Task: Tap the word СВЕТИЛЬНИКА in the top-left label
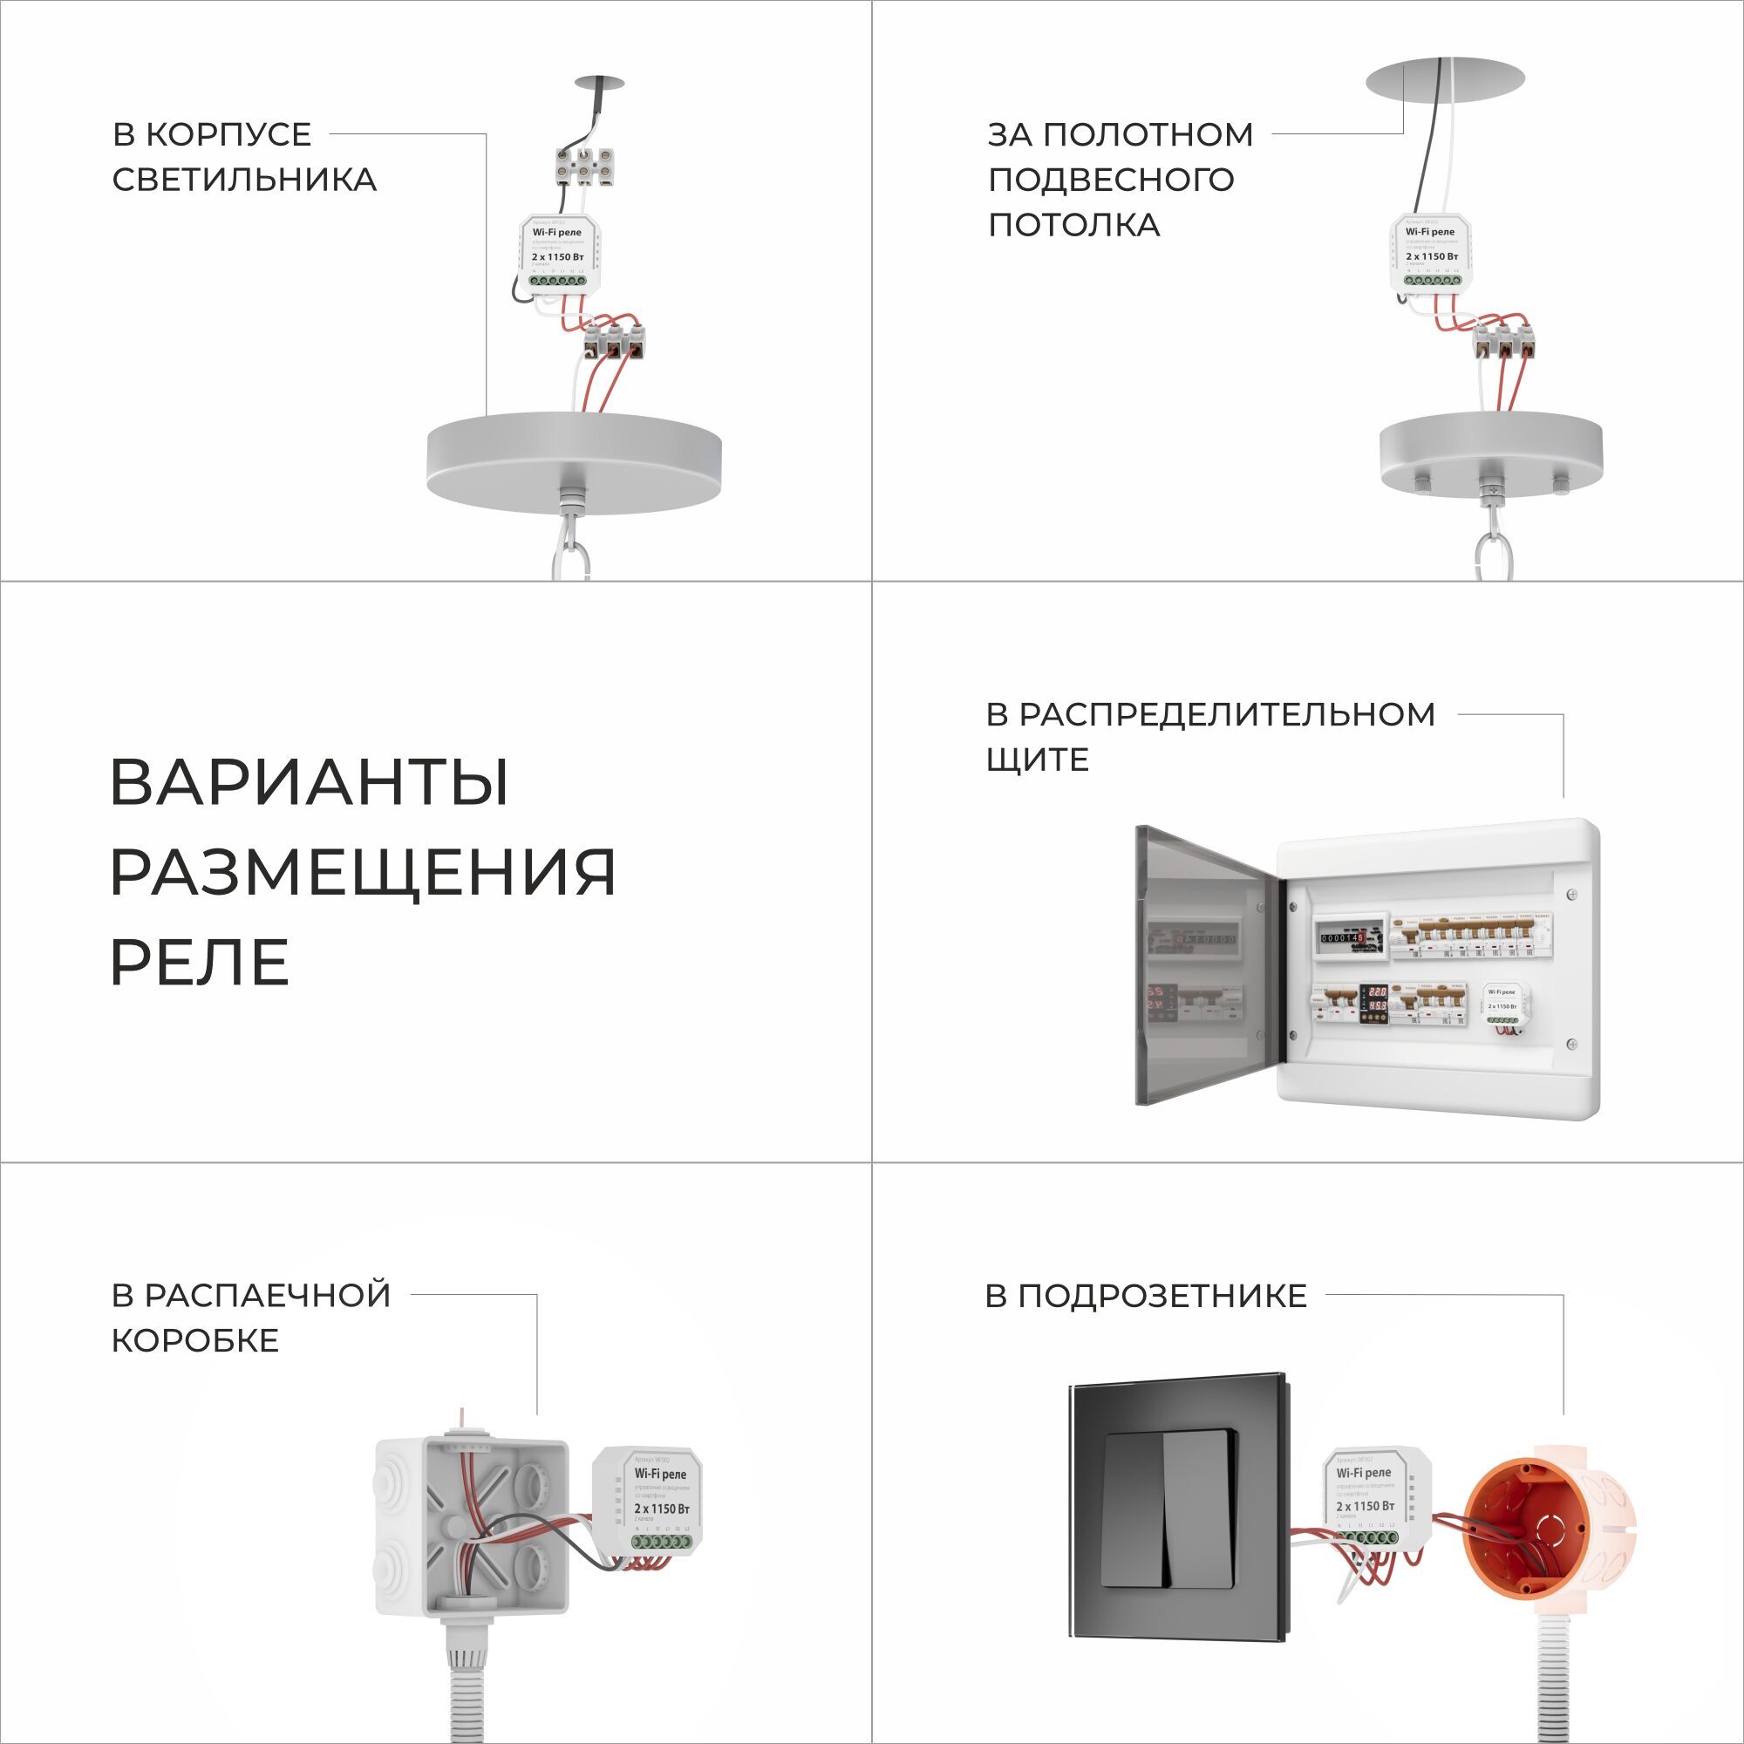click(244, 180)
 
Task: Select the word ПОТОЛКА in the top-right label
click(1073, 225)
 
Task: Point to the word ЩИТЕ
click(1037, 760)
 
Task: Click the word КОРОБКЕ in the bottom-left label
click(195, 1340)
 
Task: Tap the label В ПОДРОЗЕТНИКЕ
click(1146, 1297)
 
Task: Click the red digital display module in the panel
click(1376, 1003)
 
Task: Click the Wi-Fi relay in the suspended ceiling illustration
click(1429, 253)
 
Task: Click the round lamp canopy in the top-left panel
click(574, 461)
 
